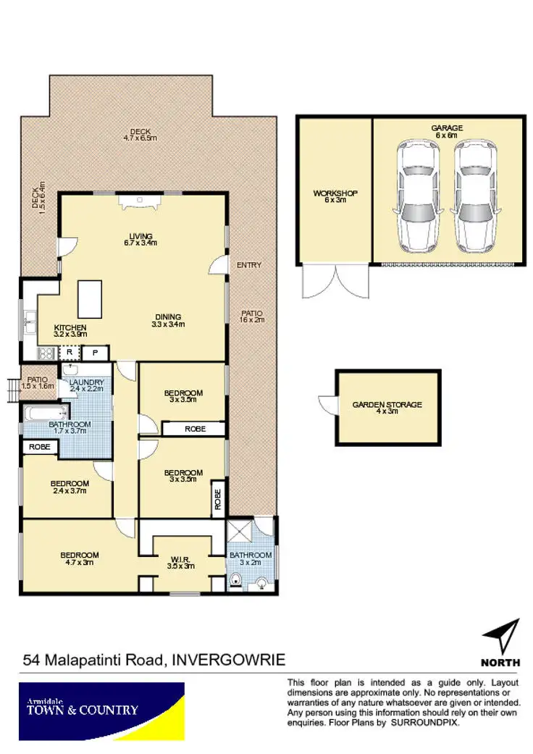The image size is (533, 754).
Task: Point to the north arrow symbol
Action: click(x=503, y=637)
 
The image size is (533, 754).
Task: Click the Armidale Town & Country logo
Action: click(x=101, y=711)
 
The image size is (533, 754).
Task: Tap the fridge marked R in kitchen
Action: click(x=69, y=353)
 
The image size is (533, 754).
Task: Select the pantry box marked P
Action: click(x=95, y=353)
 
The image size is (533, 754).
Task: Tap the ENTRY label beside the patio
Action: click(x=248, y=265)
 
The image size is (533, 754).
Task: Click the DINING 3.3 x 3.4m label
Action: click(x=167, y=320)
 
